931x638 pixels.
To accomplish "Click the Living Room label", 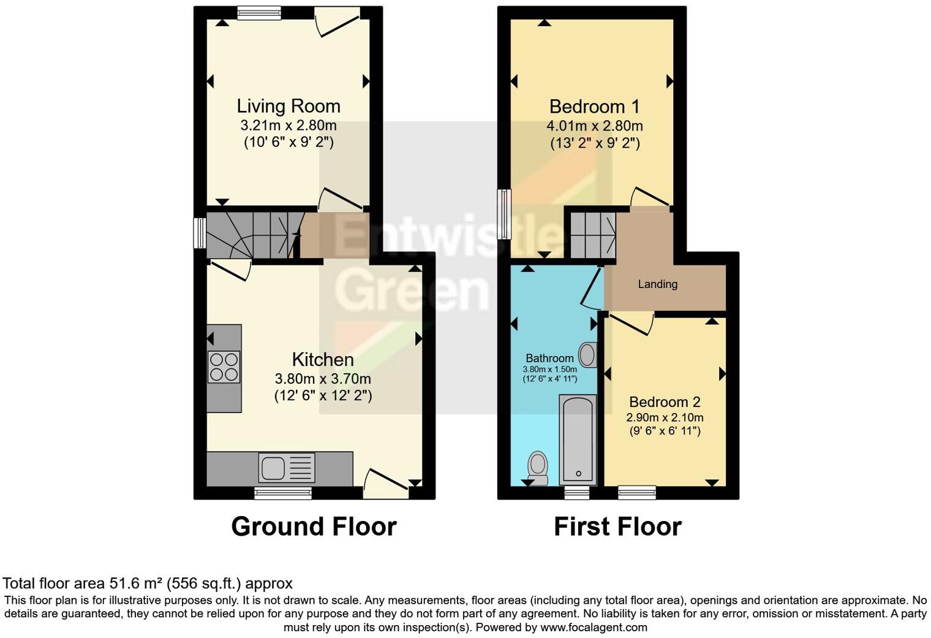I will point(288,106).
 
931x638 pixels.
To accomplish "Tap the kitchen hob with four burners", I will point(224,366).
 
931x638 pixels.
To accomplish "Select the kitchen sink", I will point(272,468).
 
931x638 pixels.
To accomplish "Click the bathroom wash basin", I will point(587,355).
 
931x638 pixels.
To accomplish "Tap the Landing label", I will point(657,284).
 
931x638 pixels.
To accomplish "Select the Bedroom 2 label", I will point(665,402).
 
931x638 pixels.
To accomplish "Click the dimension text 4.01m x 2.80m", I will point(594,126).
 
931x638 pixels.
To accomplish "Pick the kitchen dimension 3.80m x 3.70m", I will point(323,379).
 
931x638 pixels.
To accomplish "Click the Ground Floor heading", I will point(314,526).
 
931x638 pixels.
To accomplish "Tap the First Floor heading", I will point(617,526).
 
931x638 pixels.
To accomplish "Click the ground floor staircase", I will point(251,235).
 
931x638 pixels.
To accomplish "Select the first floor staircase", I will point(592,235).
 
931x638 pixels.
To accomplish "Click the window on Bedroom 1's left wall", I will point(504,214).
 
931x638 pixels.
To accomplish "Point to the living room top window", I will point(259,13).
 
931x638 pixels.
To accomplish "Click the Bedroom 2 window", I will point(636,492).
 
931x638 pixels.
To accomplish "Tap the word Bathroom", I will point(549,359).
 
